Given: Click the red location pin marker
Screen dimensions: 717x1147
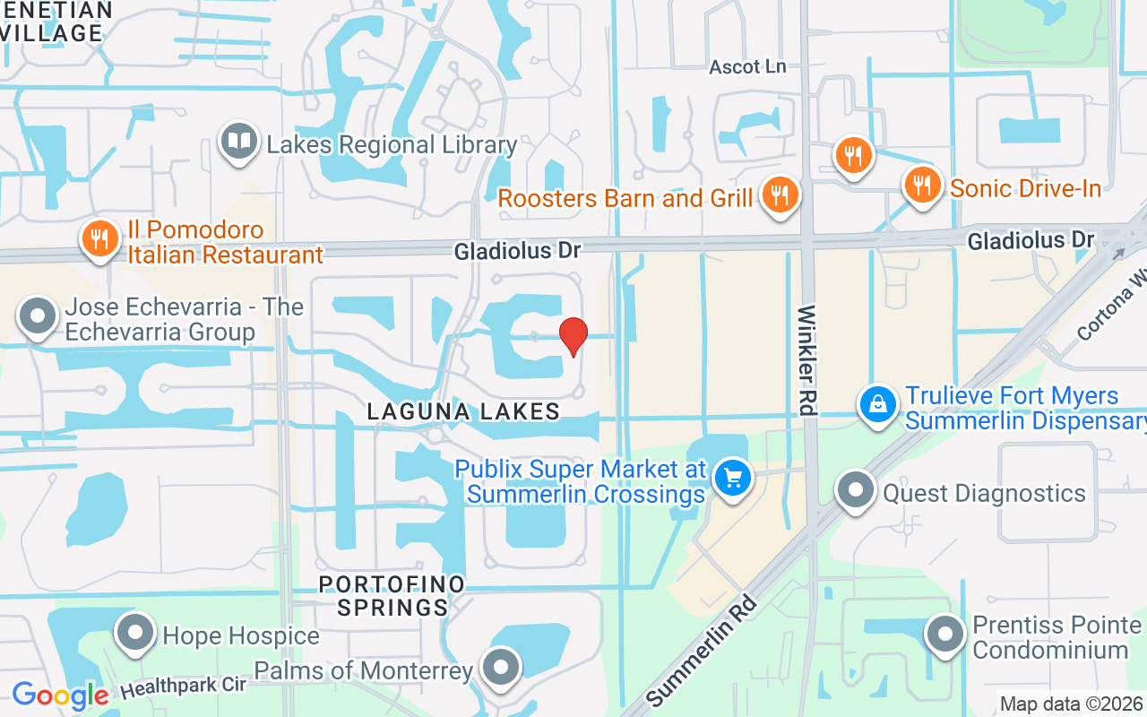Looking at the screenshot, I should pyautogui.click(x=573, y=337).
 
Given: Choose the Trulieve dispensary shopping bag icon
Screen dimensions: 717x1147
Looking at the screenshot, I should pyautogui.click(x=880, y=405).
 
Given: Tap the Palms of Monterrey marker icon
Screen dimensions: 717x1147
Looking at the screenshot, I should pyautogui.click(x=500, y=668).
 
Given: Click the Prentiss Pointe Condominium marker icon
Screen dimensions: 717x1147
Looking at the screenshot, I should pyautogui.click(x=944, y=635).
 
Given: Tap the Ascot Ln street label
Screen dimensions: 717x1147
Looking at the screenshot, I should pyautogui.click(x=747, y=67).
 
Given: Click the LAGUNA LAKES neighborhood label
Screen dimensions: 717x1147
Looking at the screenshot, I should pyautogui.click(x=463, y=411).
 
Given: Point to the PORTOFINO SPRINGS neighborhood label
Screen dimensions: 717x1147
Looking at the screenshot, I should pyautogui.click(x=392, y=596).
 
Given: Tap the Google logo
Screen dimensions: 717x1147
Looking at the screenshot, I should pyautogui.click(x=60, y=695).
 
